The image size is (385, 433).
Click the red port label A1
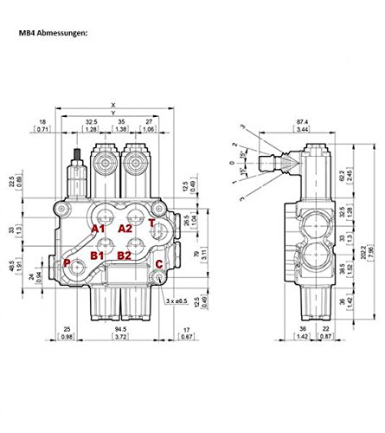pos(101,229)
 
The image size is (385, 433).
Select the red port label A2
pos(126,229)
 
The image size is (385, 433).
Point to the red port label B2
pos(125,256)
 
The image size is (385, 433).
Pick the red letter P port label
pos(67,263)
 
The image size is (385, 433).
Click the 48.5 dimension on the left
pos(36,269)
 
